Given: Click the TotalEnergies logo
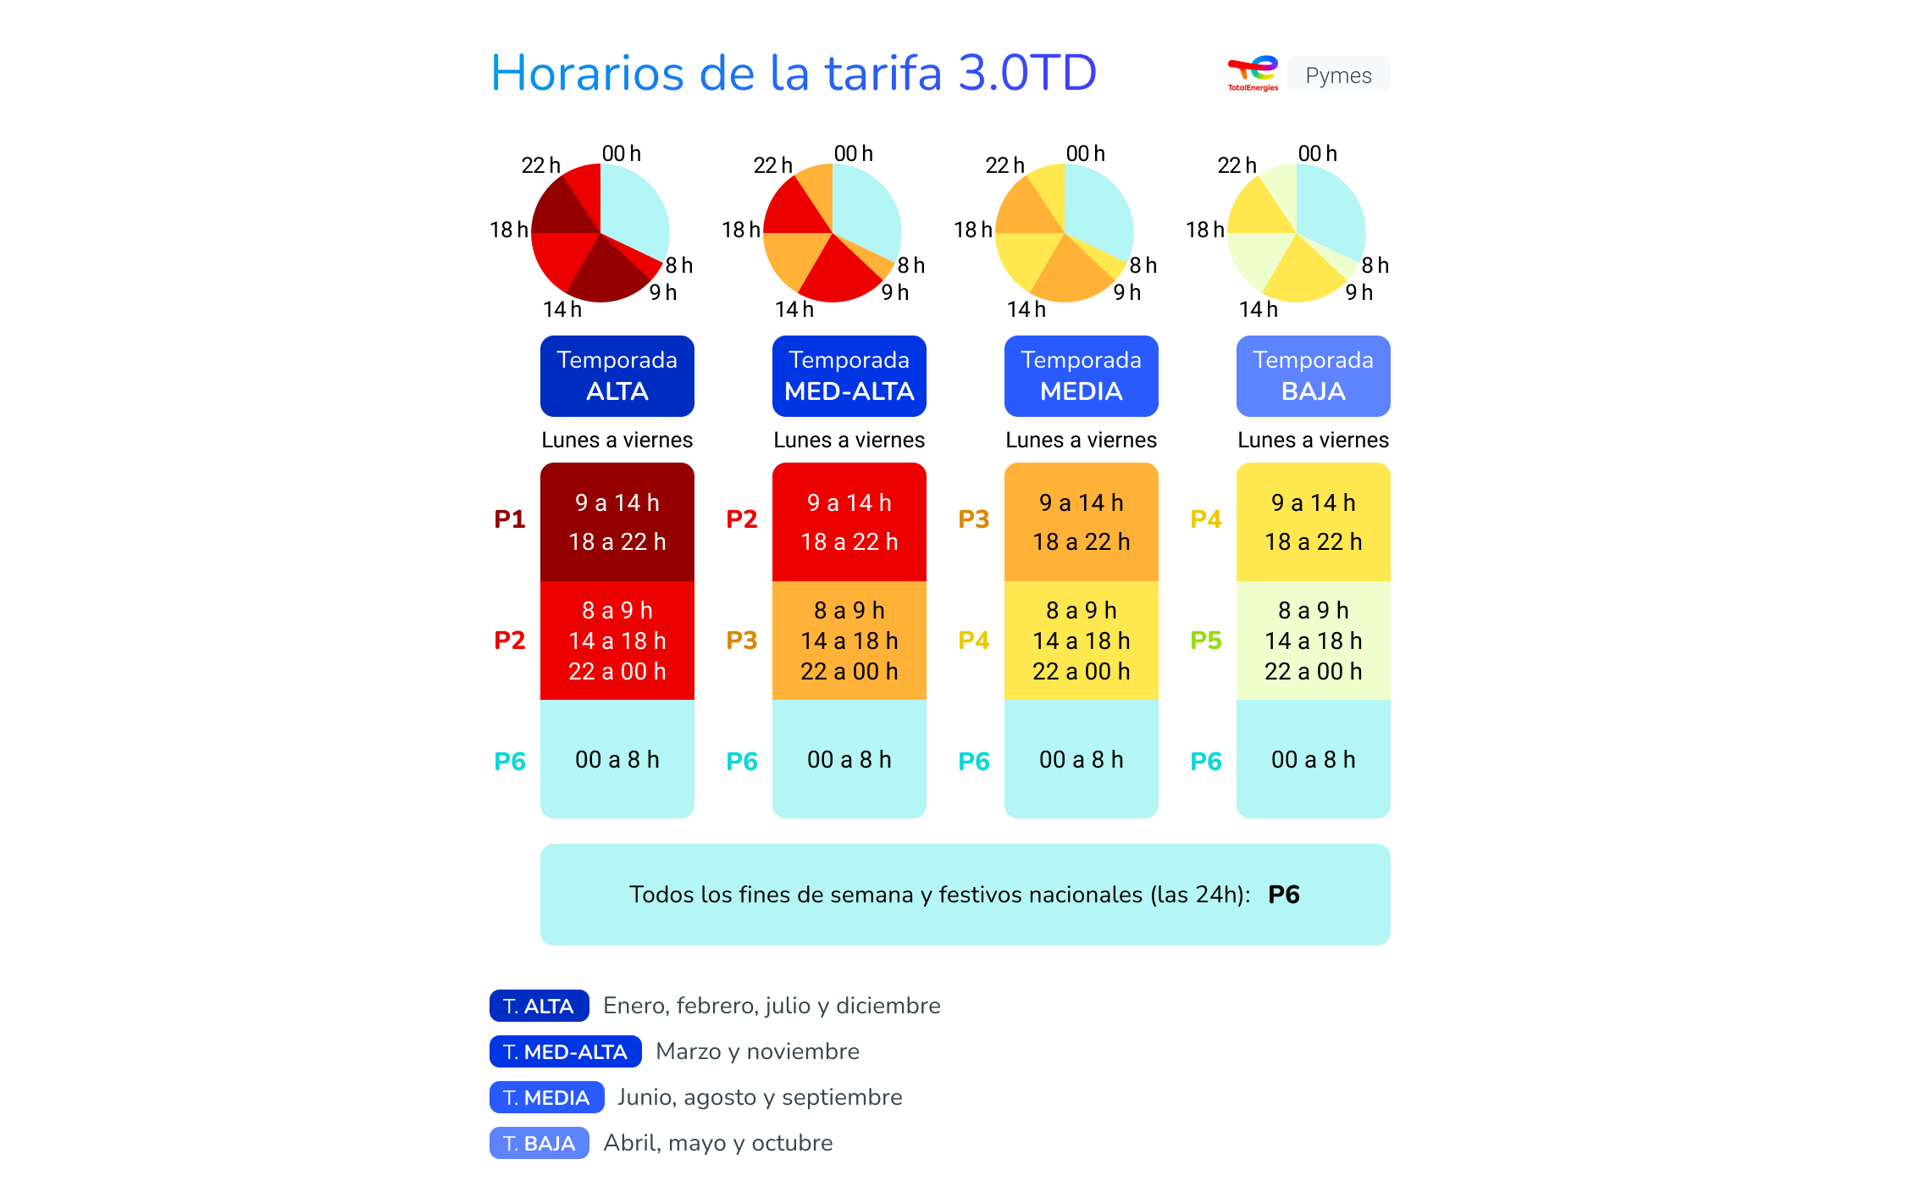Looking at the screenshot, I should pos(1253,74).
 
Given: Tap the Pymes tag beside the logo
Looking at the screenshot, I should pos(1337,75).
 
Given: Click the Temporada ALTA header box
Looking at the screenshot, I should pos(617,375).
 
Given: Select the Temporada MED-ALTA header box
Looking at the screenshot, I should pos(849,375).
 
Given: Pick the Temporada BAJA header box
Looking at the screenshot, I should pos(1313,375).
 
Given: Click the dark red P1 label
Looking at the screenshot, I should pos(510,519).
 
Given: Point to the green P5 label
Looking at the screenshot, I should pos(1206,640).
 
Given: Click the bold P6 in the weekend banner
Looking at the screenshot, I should pos(1283,895).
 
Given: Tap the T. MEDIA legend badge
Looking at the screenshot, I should pos(546,1097).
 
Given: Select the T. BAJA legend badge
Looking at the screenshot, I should pos(539,1143).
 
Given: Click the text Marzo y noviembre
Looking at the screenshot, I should pos(757,1051).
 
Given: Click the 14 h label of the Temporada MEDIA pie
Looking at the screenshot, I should pos(1026,309).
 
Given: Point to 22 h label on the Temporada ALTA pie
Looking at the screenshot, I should pos(540,165).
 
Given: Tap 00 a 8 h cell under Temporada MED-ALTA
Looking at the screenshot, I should pos(849,759).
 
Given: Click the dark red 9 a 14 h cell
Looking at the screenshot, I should pos(617,502).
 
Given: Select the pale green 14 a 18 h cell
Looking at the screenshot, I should pos(1313,641).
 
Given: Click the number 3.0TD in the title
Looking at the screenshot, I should pos(1027,73).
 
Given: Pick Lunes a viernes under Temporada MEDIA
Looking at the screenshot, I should pos(1081,440).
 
